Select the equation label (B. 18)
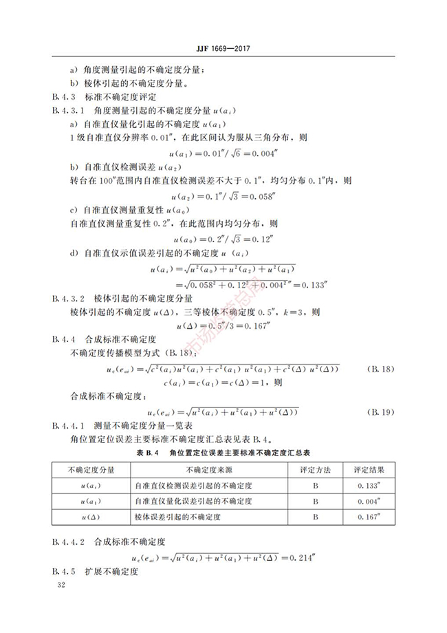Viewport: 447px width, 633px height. (x=380, y=369)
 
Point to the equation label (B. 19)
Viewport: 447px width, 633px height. (x=380, y=412)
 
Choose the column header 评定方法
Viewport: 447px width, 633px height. (x=315, y=469)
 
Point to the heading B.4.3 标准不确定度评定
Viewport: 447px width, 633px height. (x=104, y=97)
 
